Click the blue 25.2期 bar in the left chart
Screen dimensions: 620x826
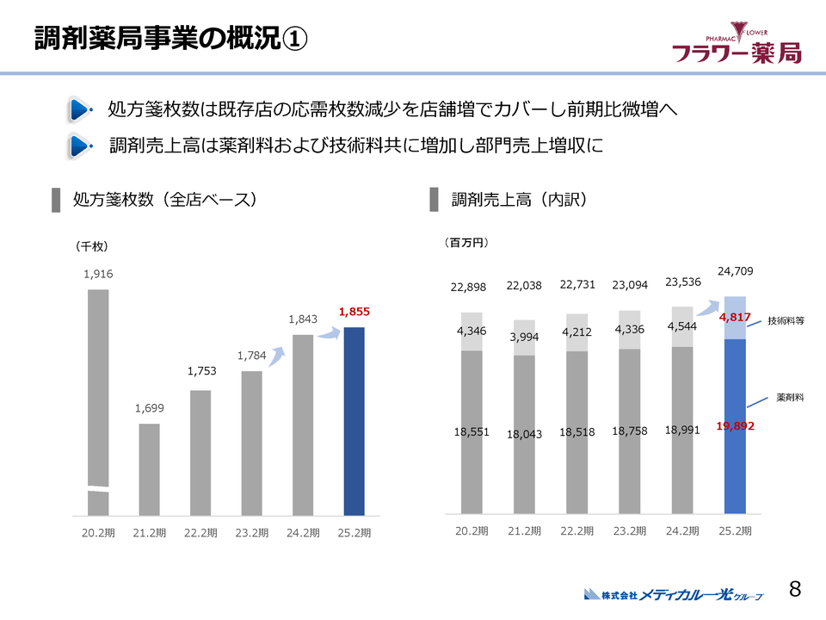[354, 421]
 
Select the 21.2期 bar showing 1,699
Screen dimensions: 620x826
[150, 469]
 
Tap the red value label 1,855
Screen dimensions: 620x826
[354, 311]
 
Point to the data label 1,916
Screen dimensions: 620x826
[98, 274]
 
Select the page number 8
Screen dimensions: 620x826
[795, 589]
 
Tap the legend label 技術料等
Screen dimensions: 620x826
[785, 320]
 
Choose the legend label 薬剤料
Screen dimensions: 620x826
[790, 398]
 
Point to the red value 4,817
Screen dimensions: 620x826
[735, 317]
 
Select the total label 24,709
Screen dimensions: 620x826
[735, 271]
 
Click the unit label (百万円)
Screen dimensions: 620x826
[466, 243]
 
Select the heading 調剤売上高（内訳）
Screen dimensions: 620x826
[519, 200]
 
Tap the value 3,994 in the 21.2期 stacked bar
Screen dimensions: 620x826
[523, 337]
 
